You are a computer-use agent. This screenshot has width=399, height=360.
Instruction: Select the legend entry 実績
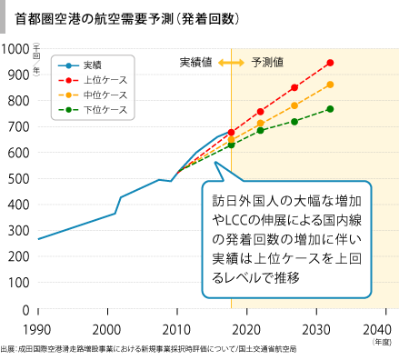tap(93, 65)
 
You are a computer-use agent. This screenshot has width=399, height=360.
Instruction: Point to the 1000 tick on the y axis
tap(15, 48)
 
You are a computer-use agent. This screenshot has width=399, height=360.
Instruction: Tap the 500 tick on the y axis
tap(18, 179)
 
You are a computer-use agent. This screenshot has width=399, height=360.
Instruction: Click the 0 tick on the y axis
tap(25, 310)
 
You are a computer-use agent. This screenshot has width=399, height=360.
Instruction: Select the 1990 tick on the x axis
tap(37, 328)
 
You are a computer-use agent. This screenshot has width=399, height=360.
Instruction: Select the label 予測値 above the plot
tap(267, 63)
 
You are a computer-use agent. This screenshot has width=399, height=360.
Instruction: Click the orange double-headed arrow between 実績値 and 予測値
tap(232, 63)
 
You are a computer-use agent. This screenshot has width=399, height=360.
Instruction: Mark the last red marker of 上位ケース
tap(330, 63)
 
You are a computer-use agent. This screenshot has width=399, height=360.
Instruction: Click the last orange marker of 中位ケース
tap(330, 85)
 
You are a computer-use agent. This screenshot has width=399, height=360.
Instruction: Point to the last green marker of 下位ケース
tap(330, 109)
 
